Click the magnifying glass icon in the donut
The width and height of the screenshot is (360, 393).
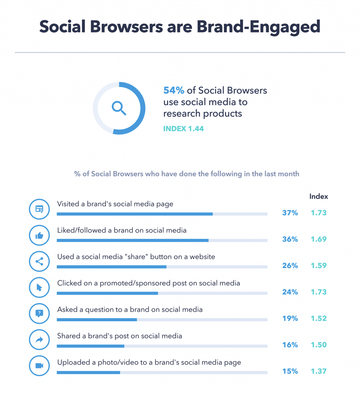point(119,108)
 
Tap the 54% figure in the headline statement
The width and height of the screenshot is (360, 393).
point(174,90)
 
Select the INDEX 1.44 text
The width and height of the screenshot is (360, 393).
point(184,129)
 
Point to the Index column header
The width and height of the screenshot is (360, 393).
point(319,196)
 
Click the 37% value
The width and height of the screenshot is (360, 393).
point(290,213)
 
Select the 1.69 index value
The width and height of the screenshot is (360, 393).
point(319,239)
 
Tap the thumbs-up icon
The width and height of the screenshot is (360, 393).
point(39,236)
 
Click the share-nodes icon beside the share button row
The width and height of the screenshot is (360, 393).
point(39,262)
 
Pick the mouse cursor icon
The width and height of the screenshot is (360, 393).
point(39,287)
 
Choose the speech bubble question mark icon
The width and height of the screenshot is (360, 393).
point(39,313)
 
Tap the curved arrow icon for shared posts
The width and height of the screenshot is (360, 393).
point(39,340)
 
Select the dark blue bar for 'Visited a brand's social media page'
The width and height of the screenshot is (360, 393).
point(135,214)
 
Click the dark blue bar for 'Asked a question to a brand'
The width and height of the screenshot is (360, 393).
point(97,319)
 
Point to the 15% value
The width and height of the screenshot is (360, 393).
point(290,371)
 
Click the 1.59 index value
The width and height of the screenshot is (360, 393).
point(319,266)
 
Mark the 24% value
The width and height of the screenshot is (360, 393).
point(290,292)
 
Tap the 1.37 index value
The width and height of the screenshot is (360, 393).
point(319,371)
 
